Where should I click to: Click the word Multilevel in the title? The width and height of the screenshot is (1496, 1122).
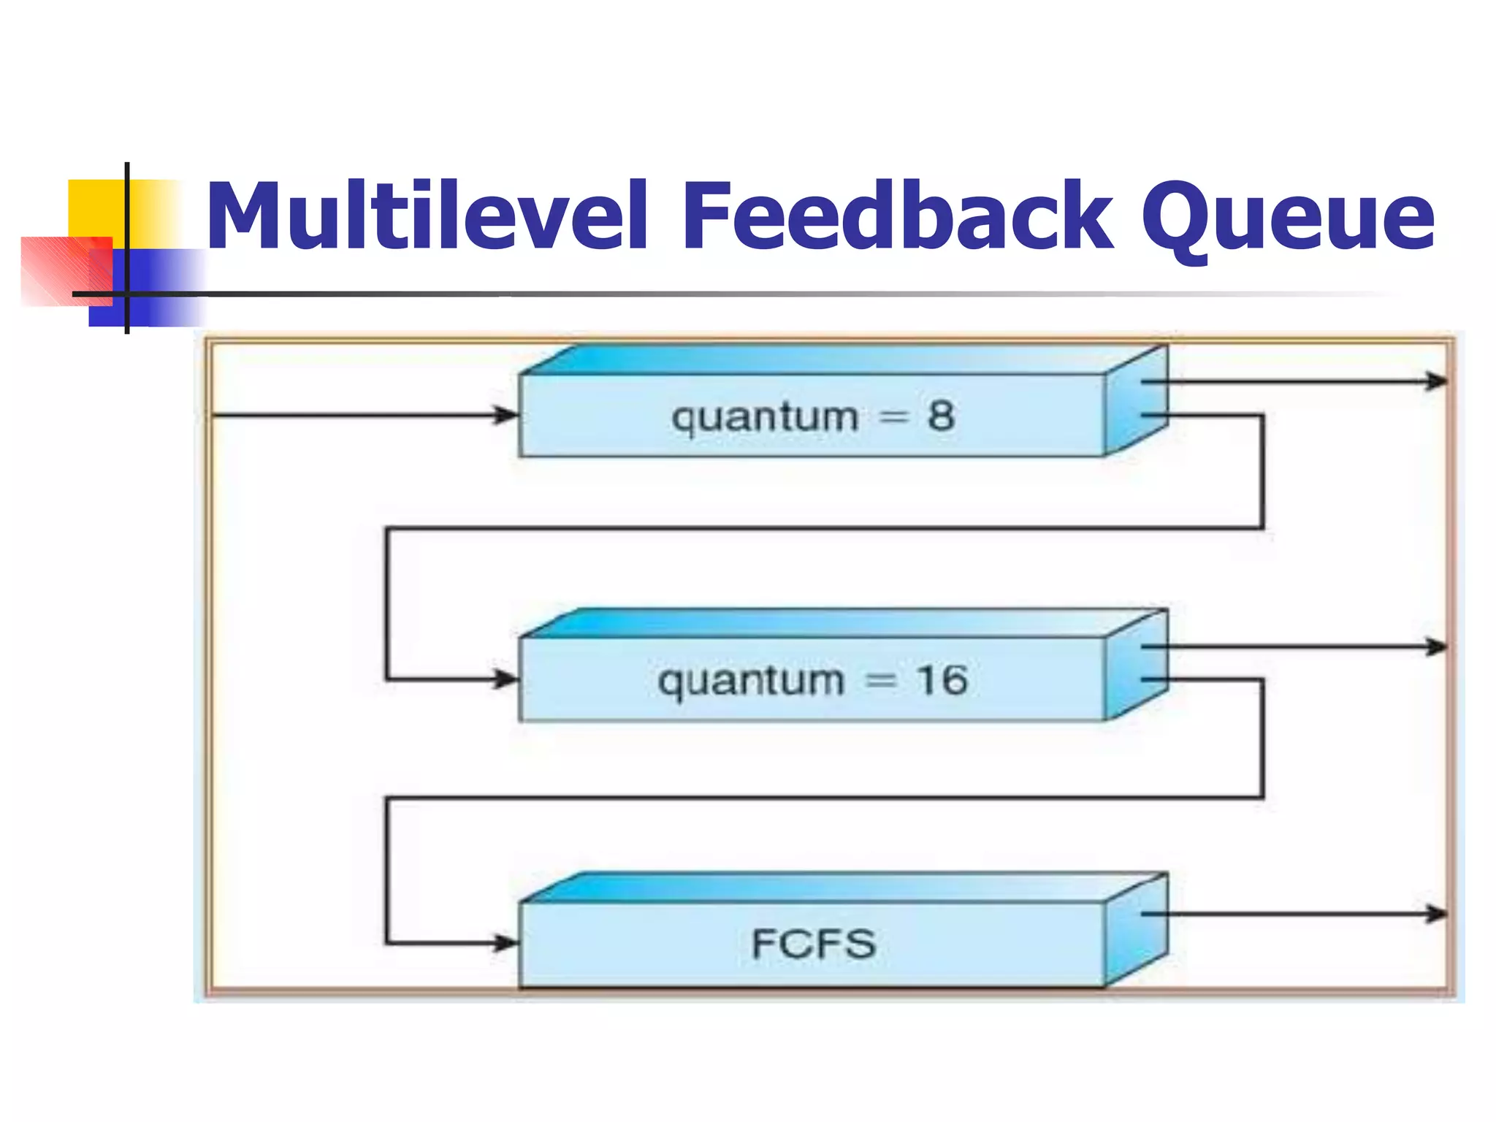click(427, 216)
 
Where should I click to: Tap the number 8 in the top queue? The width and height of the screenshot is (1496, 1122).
click(941, 416)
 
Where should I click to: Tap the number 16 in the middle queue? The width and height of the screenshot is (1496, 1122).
click(942, 680)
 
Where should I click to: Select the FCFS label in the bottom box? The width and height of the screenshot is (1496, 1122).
click(813, 944)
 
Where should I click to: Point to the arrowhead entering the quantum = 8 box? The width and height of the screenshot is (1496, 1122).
click(506, 416)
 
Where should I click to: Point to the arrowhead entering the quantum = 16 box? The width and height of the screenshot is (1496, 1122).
click(506, 679)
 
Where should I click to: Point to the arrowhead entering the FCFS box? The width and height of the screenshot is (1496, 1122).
click(506, 943)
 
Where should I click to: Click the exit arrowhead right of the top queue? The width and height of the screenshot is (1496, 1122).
click(1437, 381)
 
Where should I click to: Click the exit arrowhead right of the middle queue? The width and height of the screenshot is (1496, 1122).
click(1437, 646)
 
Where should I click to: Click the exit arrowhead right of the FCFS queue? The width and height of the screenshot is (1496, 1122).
click(1437, 913)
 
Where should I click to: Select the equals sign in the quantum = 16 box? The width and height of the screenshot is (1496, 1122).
click(880, 681)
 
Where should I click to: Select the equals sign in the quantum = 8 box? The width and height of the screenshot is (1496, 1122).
click(893, 417)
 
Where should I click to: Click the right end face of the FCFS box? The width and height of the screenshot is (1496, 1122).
click(1136, 931)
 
